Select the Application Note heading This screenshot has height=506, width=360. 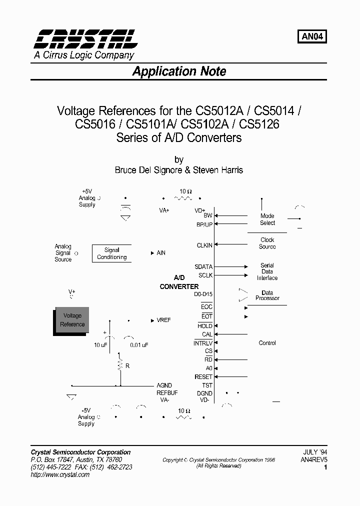tap(179, 71)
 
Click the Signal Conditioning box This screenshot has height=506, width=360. tap(112, 253)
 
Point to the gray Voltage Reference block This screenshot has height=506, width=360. tap(72, 320)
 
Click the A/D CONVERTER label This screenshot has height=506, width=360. tap(179, 282)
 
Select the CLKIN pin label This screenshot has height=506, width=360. tap(204, 245)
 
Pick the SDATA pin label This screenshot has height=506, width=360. tap(203, 267)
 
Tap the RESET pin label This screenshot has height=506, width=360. tap(203, 376)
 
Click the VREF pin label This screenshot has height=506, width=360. tap(163, 320)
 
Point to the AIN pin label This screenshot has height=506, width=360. tap(161, 253)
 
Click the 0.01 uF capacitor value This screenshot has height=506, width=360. tap(139, 345)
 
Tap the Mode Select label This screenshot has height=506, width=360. tap(267, 219)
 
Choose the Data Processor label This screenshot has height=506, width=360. tap(267, 295)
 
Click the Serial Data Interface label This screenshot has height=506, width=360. tap(267, 271)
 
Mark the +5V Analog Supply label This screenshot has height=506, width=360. tap(87, 198)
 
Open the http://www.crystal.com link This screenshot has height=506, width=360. tap(60, 474)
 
